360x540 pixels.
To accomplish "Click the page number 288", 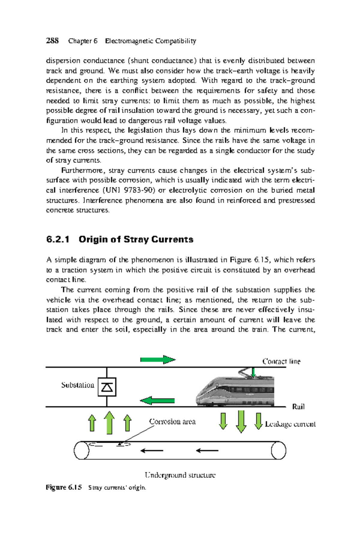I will pos(52,41).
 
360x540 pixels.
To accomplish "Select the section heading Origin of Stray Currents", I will pos(136,239).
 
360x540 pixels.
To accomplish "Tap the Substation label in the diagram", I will pos(77,385).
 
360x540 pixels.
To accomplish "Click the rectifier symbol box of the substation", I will pos(107,387).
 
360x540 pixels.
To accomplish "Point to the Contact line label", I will pos(281,361).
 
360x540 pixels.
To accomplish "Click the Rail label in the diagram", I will pos(298,407).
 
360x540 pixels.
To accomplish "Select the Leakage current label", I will pos(290,424).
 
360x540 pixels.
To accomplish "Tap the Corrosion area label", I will pos(172,421).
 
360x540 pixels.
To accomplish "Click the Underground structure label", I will pos(180,475).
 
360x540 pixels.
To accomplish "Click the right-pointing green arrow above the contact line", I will pos(158,359).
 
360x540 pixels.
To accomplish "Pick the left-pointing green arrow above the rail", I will pos(157,400).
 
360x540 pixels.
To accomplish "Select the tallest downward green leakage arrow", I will pos(241,421).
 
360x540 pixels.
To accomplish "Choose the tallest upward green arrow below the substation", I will pos(109,423).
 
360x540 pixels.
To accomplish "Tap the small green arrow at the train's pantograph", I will pos(253,373).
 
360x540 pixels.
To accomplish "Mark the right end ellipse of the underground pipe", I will pos(278,450).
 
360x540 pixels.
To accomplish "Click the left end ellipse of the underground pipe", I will pos(82,450).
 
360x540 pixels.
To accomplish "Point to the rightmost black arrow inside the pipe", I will pos(207,450).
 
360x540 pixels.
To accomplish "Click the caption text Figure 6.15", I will pos(64,487).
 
